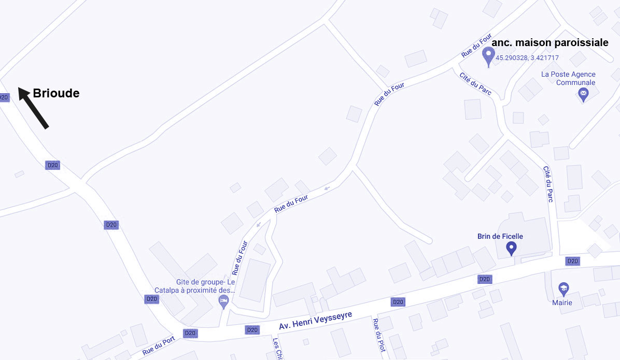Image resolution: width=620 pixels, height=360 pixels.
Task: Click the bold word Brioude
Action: coord(56,93)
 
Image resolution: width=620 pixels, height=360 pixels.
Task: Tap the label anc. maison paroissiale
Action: coord(549,43)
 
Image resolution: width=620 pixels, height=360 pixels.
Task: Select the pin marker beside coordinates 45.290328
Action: coord(488,55)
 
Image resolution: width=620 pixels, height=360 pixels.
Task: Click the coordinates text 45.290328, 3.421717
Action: coord(527,58)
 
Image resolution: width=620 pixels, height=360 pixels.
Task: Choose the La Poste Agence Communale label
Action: coord(568,78)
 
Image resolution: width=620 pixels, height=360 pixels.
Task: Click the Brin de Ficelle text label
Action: coord(500,236)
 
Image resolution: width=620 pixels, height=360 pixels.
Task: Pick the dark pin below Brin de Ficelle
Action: coord(511,248)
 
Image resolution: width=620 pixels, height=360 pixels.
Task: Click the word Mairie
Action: coord(562,303)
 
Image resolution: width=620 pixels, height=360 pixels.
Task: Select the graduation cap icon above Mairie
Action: coord(563,289)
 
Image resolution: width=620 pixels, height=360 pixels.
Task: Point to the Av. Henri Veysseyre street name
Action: coord(315,321)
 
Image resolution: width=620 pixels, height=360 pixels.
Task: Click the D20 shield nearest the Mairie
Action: coord(572,261)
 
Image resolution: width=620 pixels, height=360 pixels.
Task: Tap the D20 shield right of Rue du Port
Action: coord(190,333)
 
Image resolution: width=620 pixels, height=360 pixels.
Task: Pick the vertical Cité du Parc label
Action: coord(548,183)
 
